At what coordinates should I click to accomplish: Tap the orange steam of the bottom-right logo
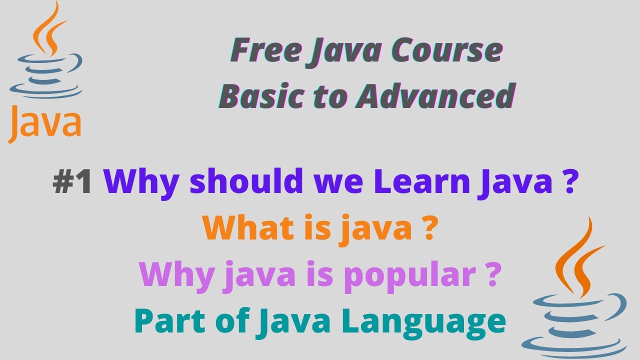[575, 255]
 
